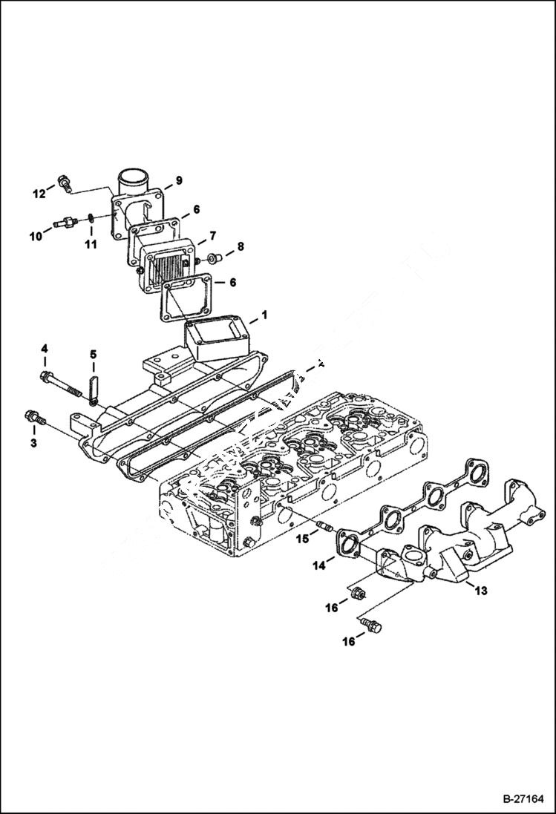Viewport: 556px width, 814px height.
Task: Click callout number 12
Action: [x=39, y=194]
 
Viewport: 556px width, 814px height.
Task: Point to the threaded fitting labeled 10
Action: [x=65, y=222]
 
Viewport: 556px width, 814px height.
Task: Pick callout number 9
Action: [x=178, y=180]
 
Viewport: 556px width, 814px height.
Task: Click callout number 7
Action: [x=212, y=235]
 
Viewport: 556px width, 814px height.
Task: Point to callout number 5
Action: [x=94, y=354]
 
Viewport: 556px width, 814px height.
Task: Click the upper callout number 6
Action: [x=197, y=210]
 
